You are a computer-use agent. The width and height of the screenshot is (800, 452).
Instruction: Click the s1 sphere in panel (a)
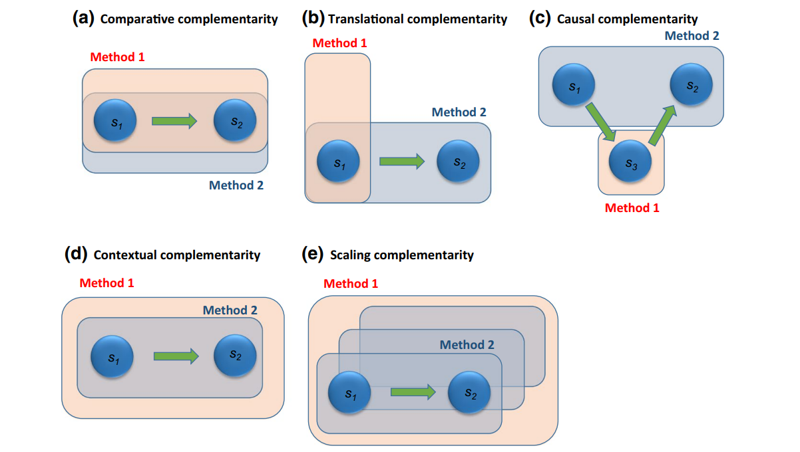click(x=115, y=121)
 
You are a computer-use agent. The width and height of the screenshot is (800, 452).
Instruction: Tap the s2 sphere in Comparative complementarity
click(x=235, y=121)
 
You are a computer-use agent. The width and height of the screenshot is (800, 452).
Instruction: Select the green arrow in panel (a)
click(x=174, y=121)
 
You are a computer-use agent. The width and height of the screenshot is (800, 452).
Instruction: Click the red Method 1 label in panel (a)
click(x=117, y=57)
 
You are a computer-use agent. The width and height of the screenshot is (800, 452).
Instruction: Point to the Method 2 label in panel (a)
click(x=236, y=185)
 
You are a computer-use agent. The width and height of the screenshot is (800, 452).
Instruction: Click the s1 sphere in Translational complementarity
click(x=338, y=161)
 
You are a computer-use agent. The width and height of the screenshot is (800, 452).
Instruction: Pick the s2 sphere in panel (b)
click(x=459, y=162)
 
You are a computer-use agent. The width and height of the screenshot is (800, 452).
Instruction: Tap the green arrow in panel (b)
click(x=401, y=161)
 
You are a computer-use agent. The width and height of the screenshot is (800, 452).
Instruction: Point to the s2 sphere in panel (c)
click(x=691, y=85)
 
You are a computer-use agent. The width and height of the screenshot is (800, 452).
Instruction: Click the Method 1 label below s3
click(x=632, y=208)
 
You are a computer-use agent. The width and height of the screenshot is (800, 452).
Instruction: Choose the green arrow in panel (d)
click(x=176, y=356)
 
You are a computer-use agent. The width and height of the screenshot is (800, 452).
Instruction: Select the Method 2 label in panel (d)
click(x=230, y=310)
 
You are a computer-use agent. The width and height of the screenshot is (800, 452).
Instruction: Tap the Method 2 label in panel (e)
click(x=467, y=345)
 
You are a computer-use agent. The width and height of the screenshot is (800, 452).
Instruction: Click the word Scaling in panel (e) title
click(x=349, y=255)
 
